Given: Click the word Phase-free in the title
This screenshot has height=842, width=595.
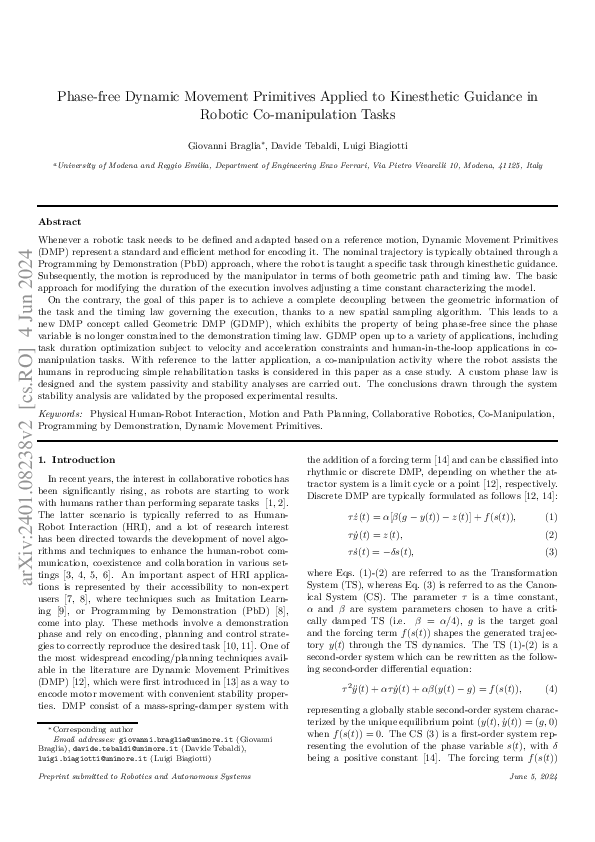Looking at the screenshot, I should pos(91,96).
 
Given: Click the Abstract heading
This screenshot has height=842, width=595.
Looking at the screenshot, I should pos(60,221).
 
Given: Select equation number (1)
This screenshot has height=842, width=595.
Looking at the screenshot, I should pos(551,516).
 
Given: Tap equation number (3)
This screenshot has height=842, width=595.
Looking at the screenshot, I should pos(551,553).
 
